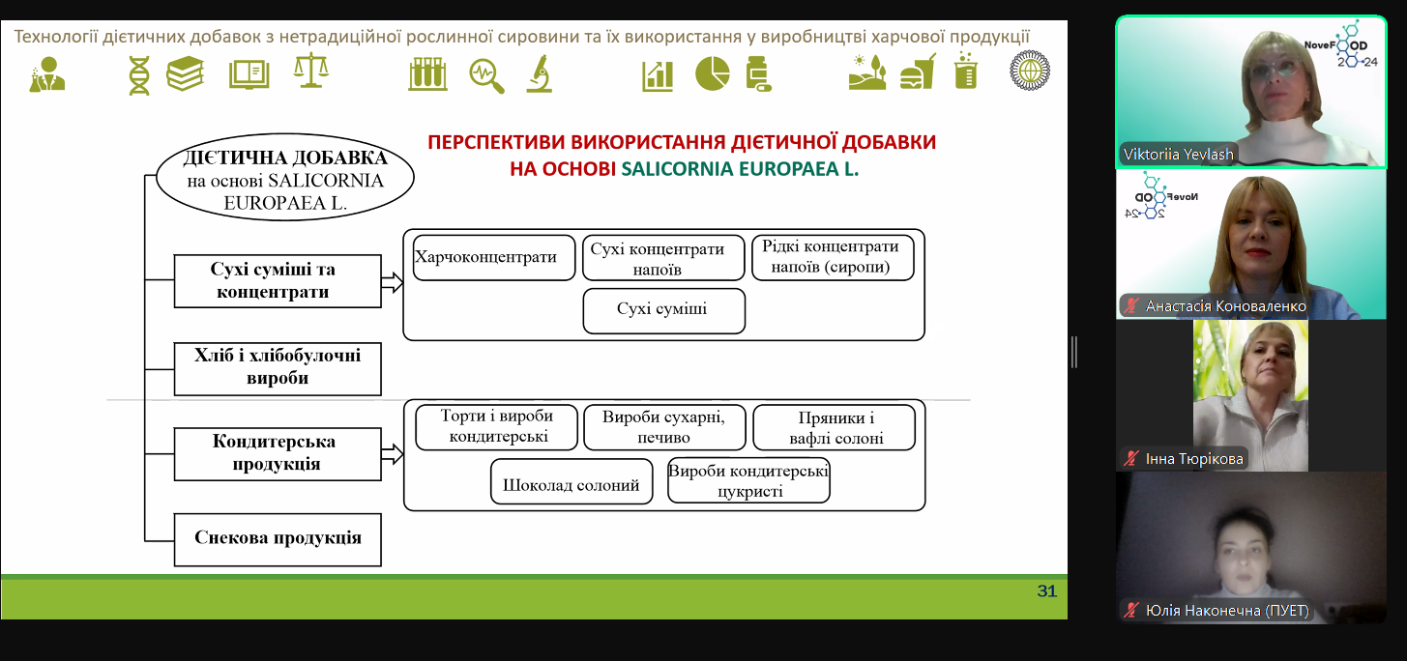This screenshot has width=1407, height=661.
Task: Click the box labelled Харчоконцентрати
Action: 494,257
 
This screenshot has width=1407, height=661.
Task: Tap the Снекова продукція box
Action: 278,539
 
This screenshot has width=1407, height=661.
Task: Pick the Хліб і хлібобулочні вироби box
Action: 278,368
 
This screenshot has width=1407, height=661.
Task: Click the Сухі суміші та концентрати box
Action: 278,281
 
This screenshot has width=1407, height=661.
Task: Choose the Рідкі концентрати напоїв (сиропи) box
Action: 832,257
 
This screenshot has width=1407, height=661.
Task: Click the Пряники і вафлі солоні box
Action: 833,428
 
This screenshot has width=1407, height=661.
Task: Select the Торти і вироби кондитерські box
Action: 496,427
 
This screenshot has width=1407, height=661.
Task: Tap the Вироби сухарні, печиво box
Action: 664,427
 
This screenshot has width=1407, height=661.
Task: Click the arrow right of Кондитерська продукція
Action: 392,454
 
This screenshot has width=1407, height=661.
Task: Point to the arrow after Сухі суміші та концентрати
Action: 392,282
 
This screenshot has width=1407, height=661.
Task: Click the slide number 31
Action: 1046,591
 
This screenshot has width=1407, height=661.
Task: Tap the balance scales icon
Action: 311,72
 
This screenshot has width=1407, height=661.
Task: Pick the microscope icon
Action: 539,73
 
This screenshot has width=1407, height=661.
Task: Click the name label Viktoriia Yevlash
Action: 1179,154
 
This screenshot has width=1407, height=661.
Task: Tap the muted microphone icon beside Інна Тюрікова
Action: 1129,458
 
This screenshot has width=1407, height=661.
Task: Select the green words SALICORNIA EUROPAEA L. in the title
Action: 740,167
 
